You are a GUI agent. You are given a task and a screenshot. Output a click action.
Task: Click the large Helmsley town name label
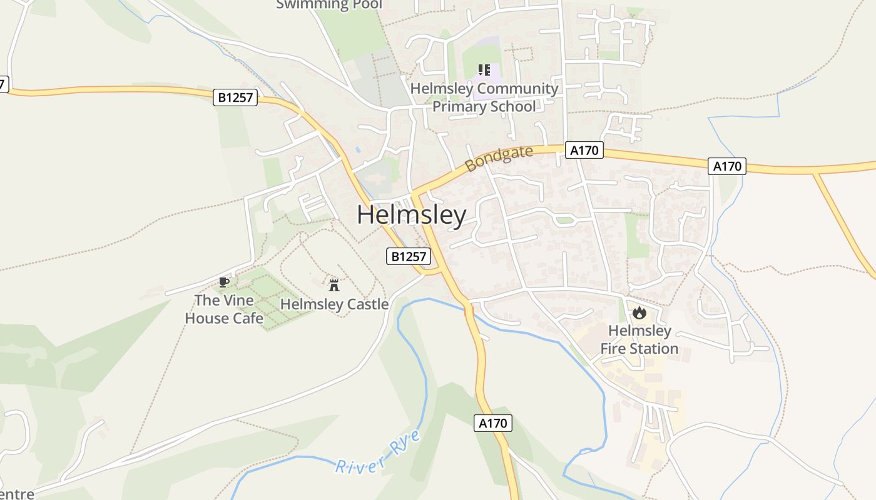click(x=412, y=215)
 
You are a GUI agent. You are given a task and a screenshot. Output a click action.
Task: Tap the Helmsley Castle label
click(x=334, y=304)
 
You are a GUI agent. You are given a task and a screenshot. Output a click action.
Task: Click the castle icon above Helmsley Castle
click(x=334, y=286)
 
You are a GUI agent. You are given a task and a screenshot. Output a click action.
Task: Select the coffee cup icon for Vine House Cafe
click(x=224, y=282)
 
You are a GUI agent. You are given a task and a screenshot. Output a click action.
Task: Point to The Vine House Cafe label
click(x=224, y=309)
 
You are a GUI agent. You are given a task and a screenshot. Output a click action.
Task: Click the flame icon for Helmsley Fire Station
click(x=639, y=312)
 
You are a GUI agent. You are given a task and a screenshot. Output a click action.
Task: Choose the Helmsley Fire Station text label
click(x=639, y=339)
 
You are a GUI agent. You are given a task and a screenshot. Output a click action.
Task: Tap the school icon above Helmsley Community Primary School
click(x=484, y=70)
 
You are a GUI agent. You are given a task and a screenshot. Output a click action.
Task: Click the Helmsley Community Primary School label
click(x=484, y=97)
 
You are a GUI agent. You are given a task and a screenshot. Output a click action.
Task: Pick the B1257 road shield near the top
click(x=235, y=97)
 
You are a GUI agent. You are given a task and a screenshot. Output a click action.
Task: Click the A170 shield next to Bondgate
click(x=585, y=150)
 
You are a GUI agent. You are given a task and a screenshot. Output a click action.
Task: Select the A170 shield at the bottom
click(x=492, y=423)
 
